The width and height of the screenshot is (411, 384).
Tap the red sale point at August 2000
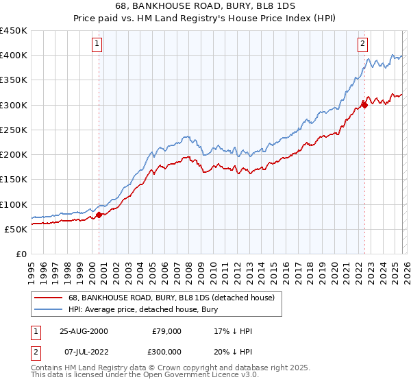coord(99,215)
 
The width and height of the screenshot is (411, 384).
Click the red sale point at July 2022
coord(364,105)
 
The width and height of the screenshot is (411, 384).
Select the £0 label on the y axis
coord(21,254)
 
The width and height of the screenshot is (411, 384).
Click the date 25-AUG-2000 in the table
coord(84,331)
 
